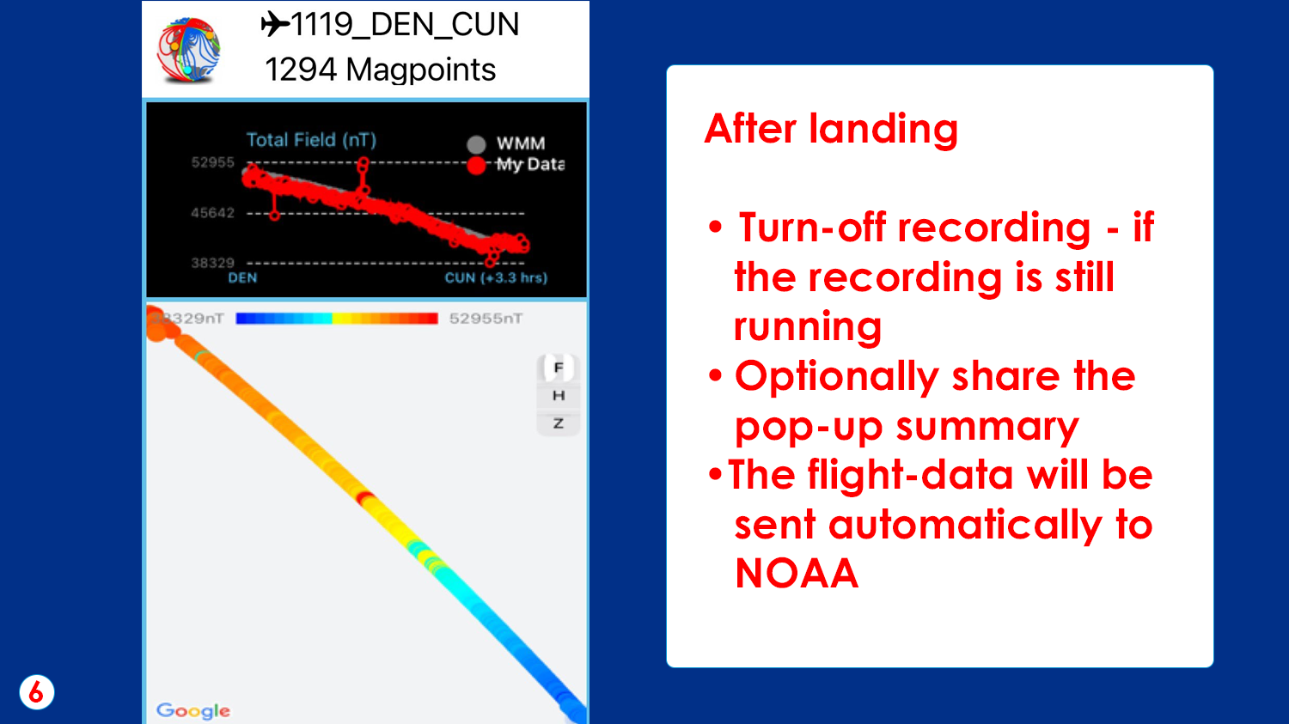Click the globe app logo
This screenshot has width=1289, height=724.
coord(189,51)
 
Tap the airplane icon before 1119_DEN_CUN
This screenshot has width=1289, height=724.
coord(275,24)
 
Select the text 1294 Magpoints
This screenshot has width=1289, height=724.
coord(380,70)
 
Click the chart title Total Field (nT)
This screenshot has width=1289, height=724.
coord(311,140)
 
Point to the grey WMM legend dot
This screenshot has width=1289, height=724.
coord(476,144)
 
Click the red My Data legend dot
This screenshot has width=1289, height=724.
coord(476,165)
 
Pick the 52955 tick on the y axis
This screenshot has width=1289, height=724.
coord(212,162)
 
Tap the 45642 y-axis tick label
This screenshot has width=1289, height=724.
coord(212,213)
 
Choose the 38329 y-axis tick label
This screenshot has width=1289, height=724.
coord(212,263)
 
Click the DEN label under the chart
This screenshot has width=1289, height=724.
coord(242,278)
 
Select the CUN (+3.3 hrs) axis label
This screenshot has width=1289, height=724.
coord(496,278)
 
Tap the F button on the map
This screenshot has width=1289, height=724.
coord(559,368)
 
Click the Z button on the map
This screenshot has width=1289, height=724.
coord(559,423)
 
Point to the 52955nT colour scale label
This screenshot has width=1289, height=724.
coord(486,319)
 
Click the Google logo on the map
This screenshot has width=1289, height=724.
coord(193,710)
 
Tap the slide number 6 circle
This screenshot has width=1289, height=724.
coord(37,692)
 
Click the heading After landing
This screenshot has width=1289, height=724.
coord(831,129)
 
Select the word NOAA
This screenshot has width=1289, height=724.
coord(797,573)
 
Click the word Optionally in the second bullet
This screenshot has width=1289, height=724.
coord(837,377)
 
